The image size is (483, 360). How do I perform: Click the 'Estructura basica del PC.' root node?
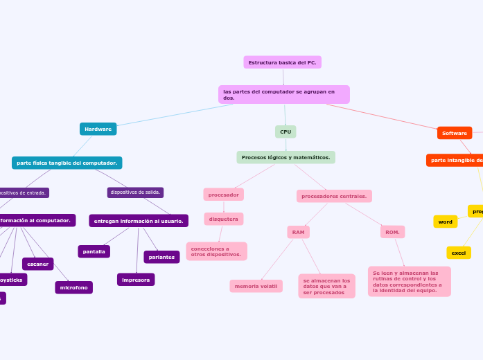click(282, 62)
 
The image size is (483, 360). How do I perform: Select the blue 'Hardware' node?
click(98, 129)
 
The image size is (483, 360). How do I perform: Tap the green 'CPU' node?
click(286, 132)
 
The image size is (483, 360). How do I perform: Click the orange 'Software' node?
click(455, 133)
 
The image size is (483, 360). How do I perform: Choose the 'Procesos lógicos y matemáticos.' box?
click(286, 157)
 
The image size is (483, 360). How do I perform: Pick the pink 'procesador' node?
click(223, 195)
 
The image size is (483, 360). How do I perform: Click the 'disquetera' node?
click(223, 219)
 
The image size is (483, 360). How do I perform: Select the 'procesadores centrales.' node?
click(334, 196)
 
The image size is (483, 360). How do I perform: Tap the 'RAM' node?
click(298, 232)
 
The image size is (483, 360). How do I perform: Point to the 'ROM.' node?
click(392, 232)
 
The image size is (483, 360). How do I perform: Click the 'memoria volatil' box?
click(256, 286)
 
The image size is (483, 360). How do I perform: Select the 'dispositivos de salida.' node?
click(135, 192)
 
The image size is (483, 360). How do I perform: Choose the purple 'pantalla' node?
click(94, 251)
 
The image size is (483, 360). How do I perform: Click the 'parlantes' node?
click(161, 257)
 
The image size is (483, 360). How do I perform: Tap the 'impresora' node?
click(136, 280)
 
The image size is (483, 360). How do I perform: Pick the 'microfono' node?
click(73, 287)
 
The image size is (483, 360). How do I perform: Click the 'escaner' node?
click(38, 264)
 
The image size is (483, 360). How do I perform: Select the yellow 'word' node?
click(446, 222)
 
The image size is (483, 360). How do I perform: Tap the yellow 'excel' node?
click(459, 253)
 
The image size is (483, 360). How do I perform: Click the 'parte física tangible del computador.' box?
click(67, 163)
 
